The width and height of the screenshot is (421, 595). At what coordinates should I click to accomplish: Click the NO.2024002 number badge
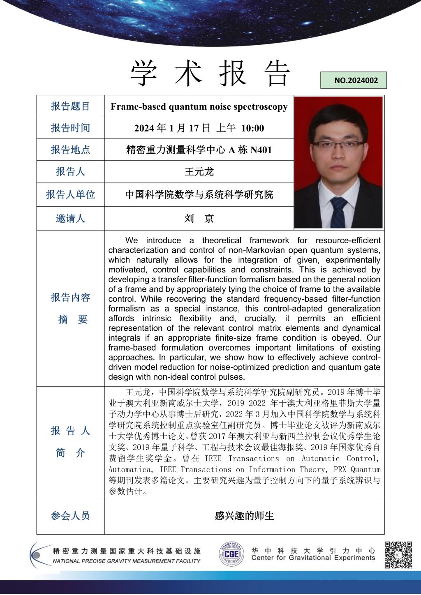click(354, 80)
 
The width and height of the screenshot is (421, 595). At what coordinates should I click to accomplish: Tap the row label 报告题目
click(70, 106)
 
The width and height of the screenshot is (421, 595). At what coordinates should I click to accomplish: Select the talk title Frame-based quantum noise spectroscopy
click(199, 107)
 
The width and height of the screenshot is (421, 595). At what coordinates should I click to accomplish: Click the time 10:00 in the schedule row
click(252, 128)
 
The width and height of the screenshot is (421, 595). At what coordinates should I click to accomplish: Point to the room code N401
click(261, 150)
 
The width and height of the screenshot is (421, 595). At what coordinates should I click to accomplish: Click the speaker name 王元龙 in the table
click(199, 171)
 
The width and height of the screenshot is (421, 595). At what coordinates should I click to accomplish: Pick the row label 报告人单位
click(70, 194)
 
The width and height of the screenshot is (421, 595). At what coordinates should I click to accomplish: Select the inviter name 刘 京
click(199, 219)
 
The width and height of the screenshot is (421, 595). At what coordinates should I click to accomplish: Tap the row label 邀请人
click(70, 219)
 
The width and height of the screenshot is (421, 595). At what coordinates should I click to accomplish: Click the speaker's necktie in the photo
click(338, 212)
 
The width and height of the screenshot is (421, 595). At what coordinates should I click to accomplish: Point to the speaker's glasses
click(338, 144)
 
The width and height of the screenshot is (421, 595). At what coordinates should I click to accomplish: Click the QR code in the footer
click(398, 555)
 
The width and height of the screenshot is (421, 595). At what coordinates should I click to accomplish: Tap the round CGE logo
click(231, 554)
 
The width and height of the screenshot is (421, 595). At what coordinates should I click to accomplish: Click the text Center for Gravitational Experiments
click(313, 558)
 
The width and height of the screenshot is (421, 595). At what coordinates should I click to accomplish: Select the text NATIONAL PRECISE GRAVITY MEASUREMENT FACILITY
click(126, 561)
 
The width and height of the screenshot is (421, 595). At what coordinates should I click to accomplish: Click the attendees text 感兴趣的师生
click(244, 516)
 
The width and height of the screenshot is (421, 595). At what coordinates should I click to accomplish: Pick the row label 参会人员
click(70, 516)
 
